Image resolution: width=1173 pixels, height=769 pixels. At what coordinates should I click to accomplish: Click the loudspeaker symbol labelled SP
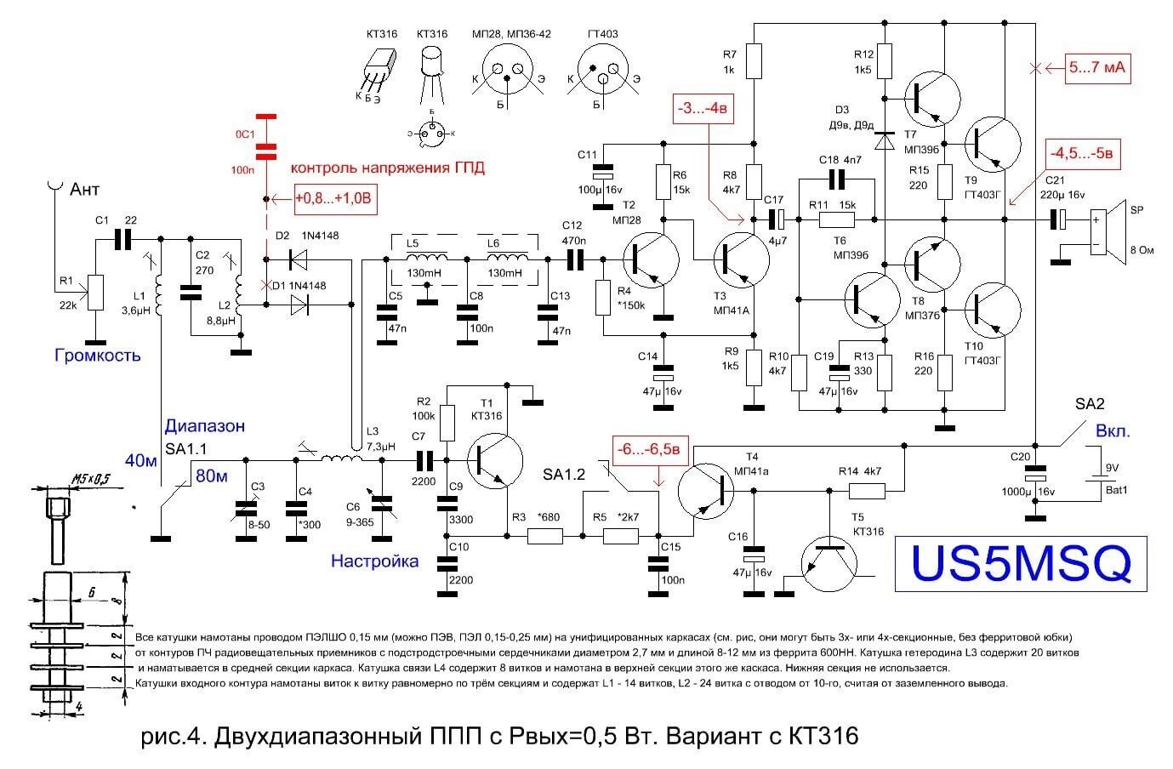(1103, 231)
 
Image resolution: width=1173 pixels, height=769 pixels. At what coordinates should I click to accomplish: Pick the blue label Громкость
(97, 355)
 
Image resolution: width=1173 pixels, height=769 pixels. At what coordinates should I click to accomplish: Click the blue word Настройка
(374, 561)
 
